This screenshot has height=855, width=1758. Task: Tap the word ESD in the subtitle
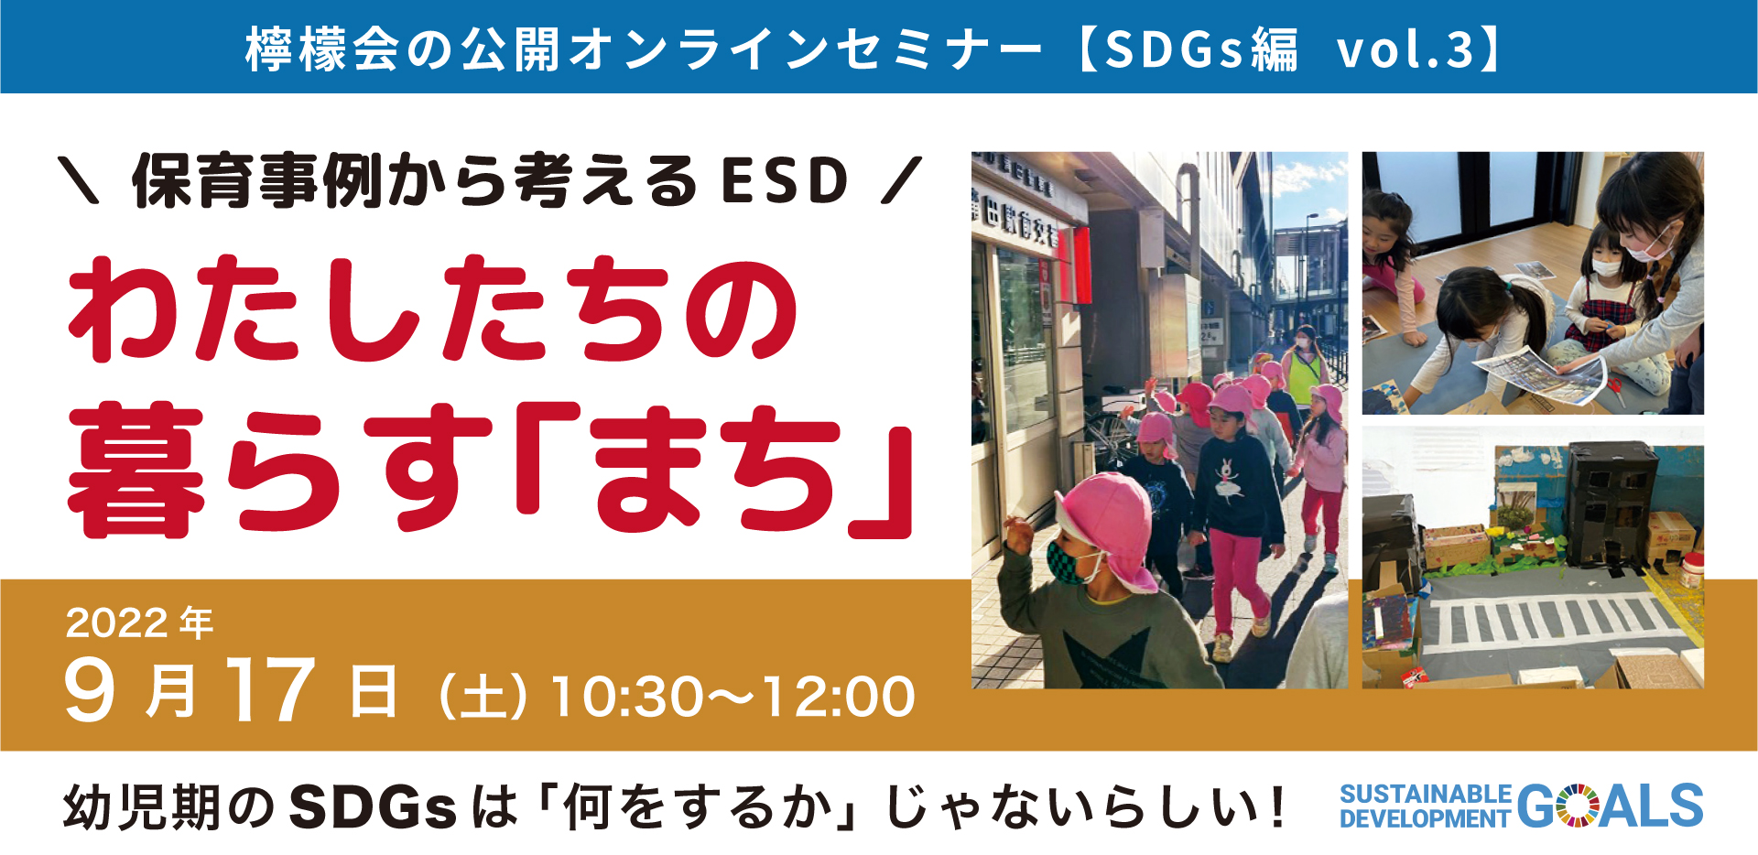[x=786, y=180]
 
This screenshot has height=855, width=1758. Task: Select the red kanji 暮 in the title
[x=136, y=470]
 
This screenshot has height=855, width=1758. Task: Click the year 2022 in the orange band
[x=116, y=623]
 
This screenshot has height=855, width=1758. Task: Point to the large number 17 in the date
[x=270, y=689]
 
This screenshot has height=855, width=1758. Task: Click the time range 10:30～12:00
[x=733, y=697]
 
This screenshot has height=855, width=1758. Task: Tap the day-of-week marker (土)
[x=483, y=697]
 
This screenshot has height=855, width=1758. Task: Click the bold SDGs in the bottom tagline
[x=373, y=807]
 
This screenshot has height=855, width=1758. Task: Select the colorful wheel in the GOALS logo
[x=1577, y=806]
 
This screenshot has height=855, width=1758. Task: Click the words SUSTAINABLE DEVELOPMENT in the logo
[x=1425, y=806]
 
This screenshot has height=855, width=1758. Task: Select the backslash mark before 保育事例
[x=79, y=180]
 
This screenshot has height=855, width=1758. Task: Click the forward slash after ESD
[x=900, y=180]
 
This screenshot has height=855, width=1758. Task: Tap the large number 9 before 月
[x=89, y=690]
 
